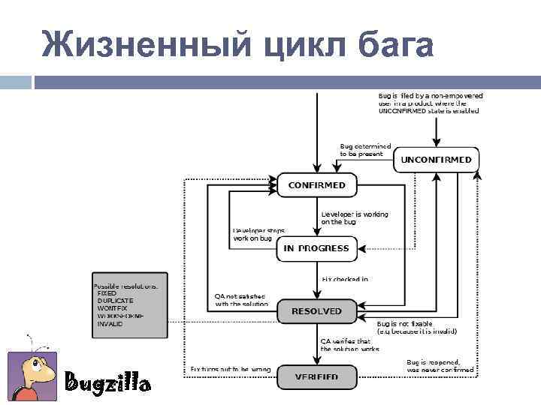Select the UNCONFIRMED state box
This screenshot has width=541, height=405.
pos(437,160)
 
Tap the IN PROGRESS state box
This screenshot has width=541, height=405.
pos(316,248)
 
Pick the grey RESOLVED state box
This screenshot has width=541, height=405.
pos(316,311)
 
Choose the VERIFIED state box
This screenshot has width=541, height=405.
pos(316,376)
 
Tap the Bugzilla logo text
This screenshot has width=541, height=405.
pos(107,383)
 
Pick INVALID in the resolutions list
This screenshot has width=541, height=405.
pos(111,323)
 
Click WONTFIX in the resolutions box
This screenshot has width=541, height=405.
pos(113,308)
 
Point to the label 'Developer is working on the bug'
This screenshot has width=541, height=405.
pos(355,218)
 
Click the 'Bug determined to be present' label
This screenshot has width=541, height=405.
pos(365,149)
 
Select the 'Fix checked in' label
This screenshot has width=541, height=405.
pos(345,280)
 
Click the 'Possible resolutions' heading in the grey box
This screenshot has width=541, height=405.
pos(125,286)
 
